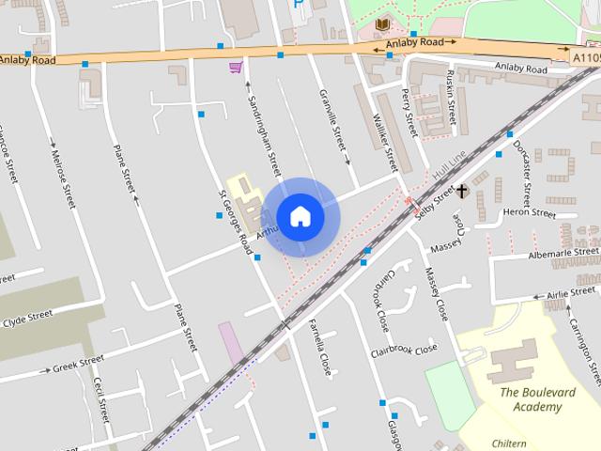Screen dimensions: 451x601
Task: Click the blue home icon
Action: point(300,216)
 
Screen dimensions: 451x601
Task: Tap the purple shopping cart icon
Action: point(235,67)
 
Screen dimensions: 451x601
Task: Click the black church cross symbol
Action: point(462,192)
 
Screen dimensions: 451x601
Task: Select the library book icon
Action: point(382,23)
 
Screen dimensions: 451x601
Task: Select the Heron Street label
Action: point(530,213)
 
